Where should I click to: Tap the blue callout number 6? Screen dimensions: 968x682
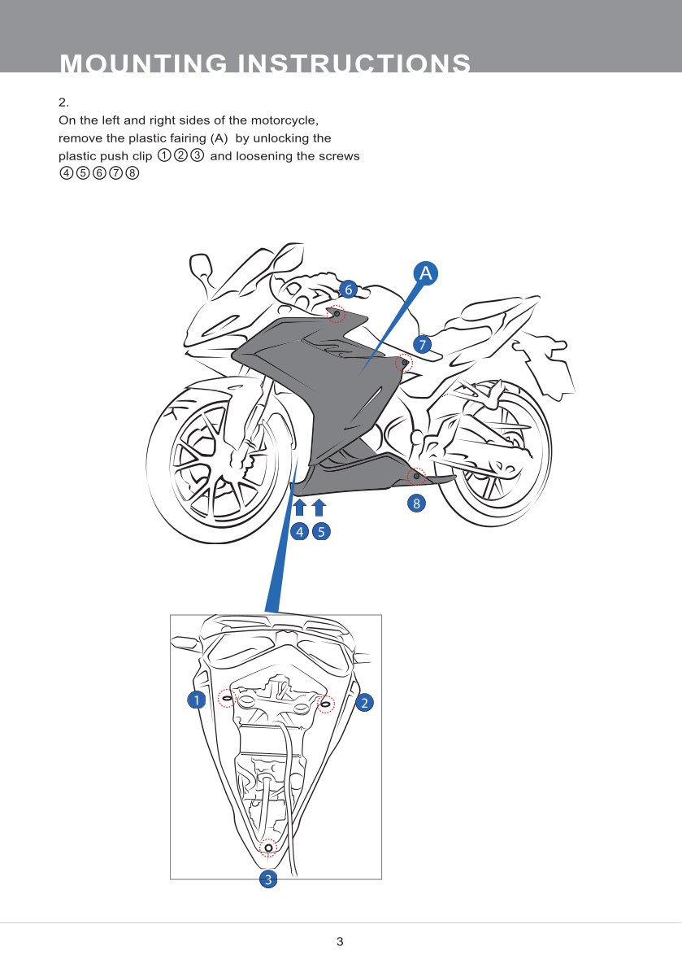point(348,289)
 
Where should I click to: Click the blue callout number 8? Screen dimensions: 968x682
point(416,504)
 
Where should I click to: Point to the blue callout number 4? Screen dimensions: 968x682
point(299,533)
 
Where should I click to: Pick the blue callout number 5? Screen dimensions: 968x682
point(320,533)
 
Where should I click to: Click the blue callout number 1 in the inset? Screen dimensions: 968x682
point(195,700)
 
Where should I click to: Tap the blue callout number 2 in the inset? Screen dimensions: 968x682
point(365,702)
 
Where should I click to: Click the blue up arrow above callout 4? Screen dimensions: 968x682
point(299,508)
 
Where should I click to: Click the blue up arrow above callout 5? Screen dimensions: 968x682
point(319,508)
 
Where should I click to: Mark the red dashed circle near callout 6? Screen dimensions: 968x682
point(336,314)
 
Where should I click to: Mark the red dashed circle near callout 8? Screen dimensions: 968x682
point(416,477)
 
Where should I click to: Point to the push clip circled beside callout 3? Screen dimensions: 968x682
point(268,848)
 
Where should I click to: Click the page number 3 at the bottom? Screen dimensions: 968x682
point(340,942)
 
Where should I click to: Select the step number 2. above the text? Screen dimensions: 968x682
point(63,102)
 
